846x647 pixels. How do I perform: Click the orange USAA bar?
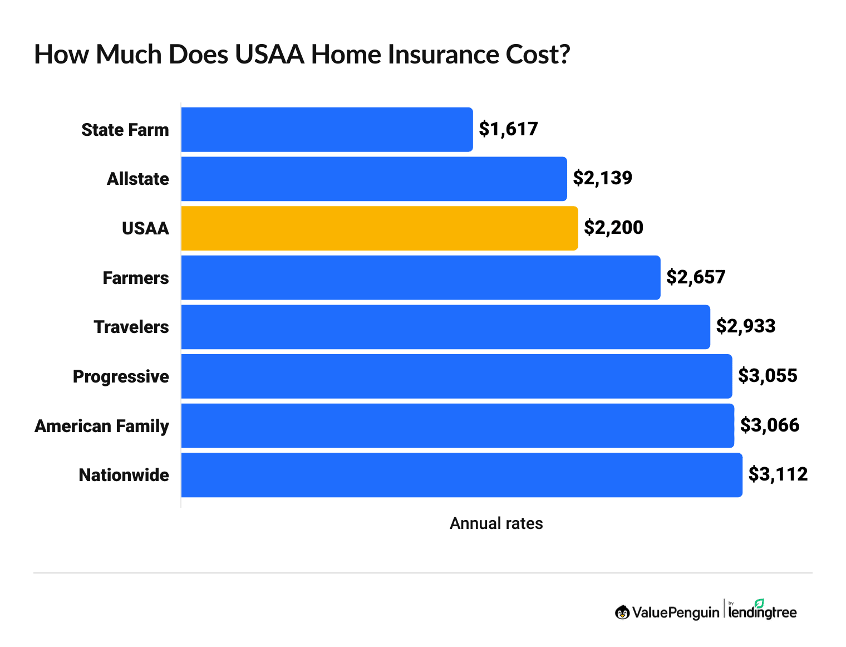[379, 228]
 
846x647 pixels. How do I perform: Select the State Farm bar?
[327, 130]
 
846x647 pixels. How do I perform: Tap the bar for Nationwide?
[461, 475]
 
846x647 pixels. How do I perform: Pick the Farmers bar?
[420, 278]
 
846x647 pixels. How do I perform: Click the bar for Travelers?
[445, 327]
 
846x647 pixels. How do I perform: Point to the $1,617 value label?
[508, 129]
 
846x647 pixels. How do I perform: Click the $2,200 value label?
[613, 228]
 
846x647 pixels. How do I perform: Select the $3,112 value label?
[778, 474]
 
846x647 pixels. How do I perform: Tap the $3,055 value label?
[768, 376]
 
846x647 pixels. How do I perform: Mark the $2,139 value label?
[603, 178]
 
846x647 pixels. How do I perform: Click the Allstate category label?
[137, 179]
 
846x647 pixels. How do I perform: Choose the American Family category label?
[102, 426]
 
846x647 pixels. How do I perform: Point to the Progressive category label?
[121, 377]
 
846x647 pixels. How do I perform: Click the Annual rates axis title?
[496, 523]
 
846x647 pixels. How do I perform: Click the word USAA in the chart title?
[269, 55]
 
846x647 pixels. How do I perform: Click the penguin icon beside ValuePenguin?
[622, 612]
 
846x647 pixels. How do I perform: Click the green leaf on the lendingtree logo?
[759, 603]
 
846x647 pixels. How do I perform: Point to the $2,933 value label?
[745, 326]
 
